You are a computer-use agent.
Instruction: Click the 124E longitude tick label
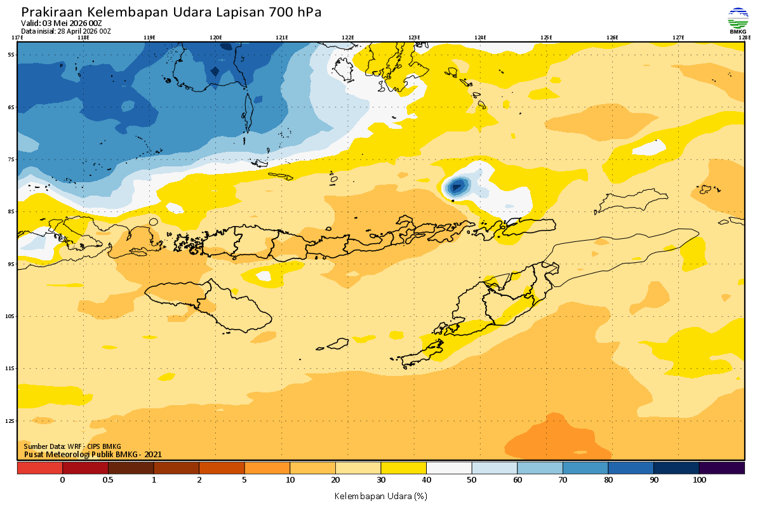(480, 37)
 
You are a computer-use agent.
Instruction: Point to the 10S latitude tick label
(11, 316)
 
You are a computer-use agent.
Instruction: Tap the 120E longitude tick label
(216, 37)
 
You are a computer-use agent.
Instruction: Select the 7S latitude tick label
(11, 159)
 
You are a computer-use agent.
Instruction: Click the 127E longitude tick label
(678, 37)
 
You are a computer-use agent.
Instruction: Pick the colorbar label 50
(472, 480)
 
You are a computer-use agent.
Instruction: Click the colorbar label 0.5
(108, 480)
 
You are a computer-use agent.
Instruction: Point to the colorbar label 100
(699, 480)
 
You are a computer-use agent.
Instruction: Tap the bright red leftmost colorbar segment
(39, 468)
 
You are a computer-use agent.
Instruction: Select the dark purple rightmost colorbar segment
(721, 468)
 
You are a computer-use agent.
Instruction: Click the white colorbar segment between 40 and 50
(449, 468)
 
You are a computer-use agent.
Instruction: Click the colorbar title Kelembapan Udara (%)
(380, 495)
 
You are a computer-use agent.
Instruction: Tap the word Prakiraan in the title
(51, 12)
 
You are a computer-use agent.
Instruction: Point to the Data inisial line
(66, 30)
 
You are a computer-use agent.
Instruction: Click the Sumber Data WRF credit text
(72, 446)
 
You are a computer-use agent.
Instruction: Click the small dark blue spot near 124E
(457, 187)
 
